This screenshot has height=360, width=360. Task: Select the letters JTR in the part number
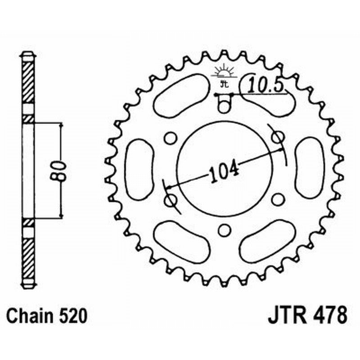click(287, 315)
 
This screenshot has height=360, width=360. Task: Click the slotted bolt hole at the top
click(224, 104)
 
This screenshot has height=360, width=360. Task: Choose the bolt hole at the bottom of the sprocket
click(224, 230)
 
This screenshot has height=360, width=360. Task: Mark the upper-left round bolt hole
click(170, 138)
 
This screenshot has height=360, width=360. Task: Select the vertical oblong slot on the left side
click(139, 169)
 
